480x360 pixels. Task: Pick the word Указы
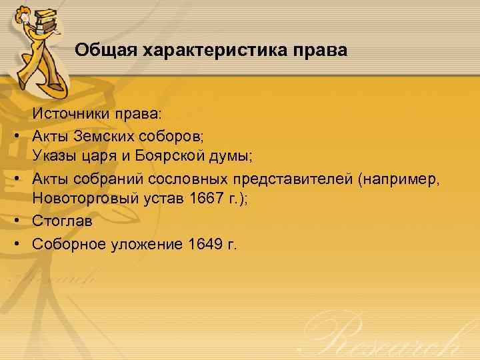(55, 157)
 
